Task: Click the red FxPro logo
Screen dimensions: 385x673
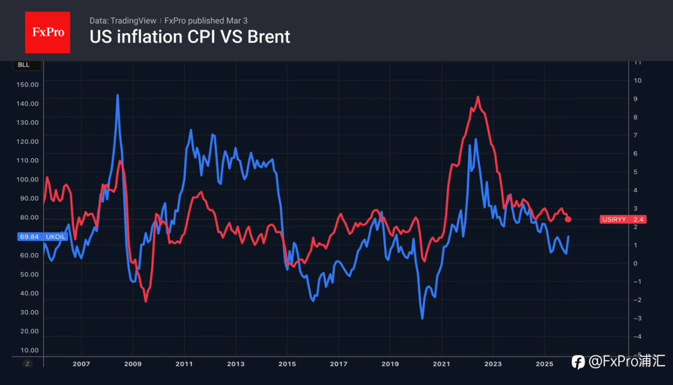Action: coord(47,32)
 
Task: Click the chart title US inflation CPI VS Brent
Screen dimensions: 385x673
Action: coord(190,37)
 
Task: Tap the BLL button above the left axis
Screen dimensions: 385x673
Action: coord(24,65)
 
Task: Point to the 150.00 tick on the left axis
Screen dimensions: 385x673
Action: coord(28,84)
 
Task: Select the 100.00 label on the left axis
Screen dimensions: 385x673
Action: coord(28,179)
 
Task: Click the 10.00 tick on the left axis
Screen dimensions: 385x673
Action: coord(28,350)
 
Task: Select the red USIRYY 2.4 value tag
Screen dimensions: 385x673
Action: coord(623,219)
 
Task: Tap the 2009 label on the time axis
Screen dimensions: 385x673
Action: coord(132,364)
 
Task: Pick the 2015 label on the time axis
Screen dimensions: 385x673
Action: coord(287,364)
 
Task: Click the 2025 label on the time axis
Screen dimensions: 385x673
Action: coord(544,364)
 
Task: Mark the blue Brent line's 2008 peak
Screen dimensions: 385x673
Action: coord(117,95)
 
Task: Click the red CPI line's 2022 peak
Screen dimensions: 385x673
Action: coord(478,97)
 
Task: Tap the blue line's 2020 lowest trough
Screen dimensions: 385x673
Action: coord(422,318)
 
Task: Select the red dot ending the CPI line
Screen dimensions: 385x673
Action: coord(568,219)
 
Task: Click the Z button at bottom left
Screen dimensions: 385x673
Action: coord(28,364)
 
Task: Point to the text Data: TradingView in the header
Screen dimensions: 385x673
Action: coord(123,21)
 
